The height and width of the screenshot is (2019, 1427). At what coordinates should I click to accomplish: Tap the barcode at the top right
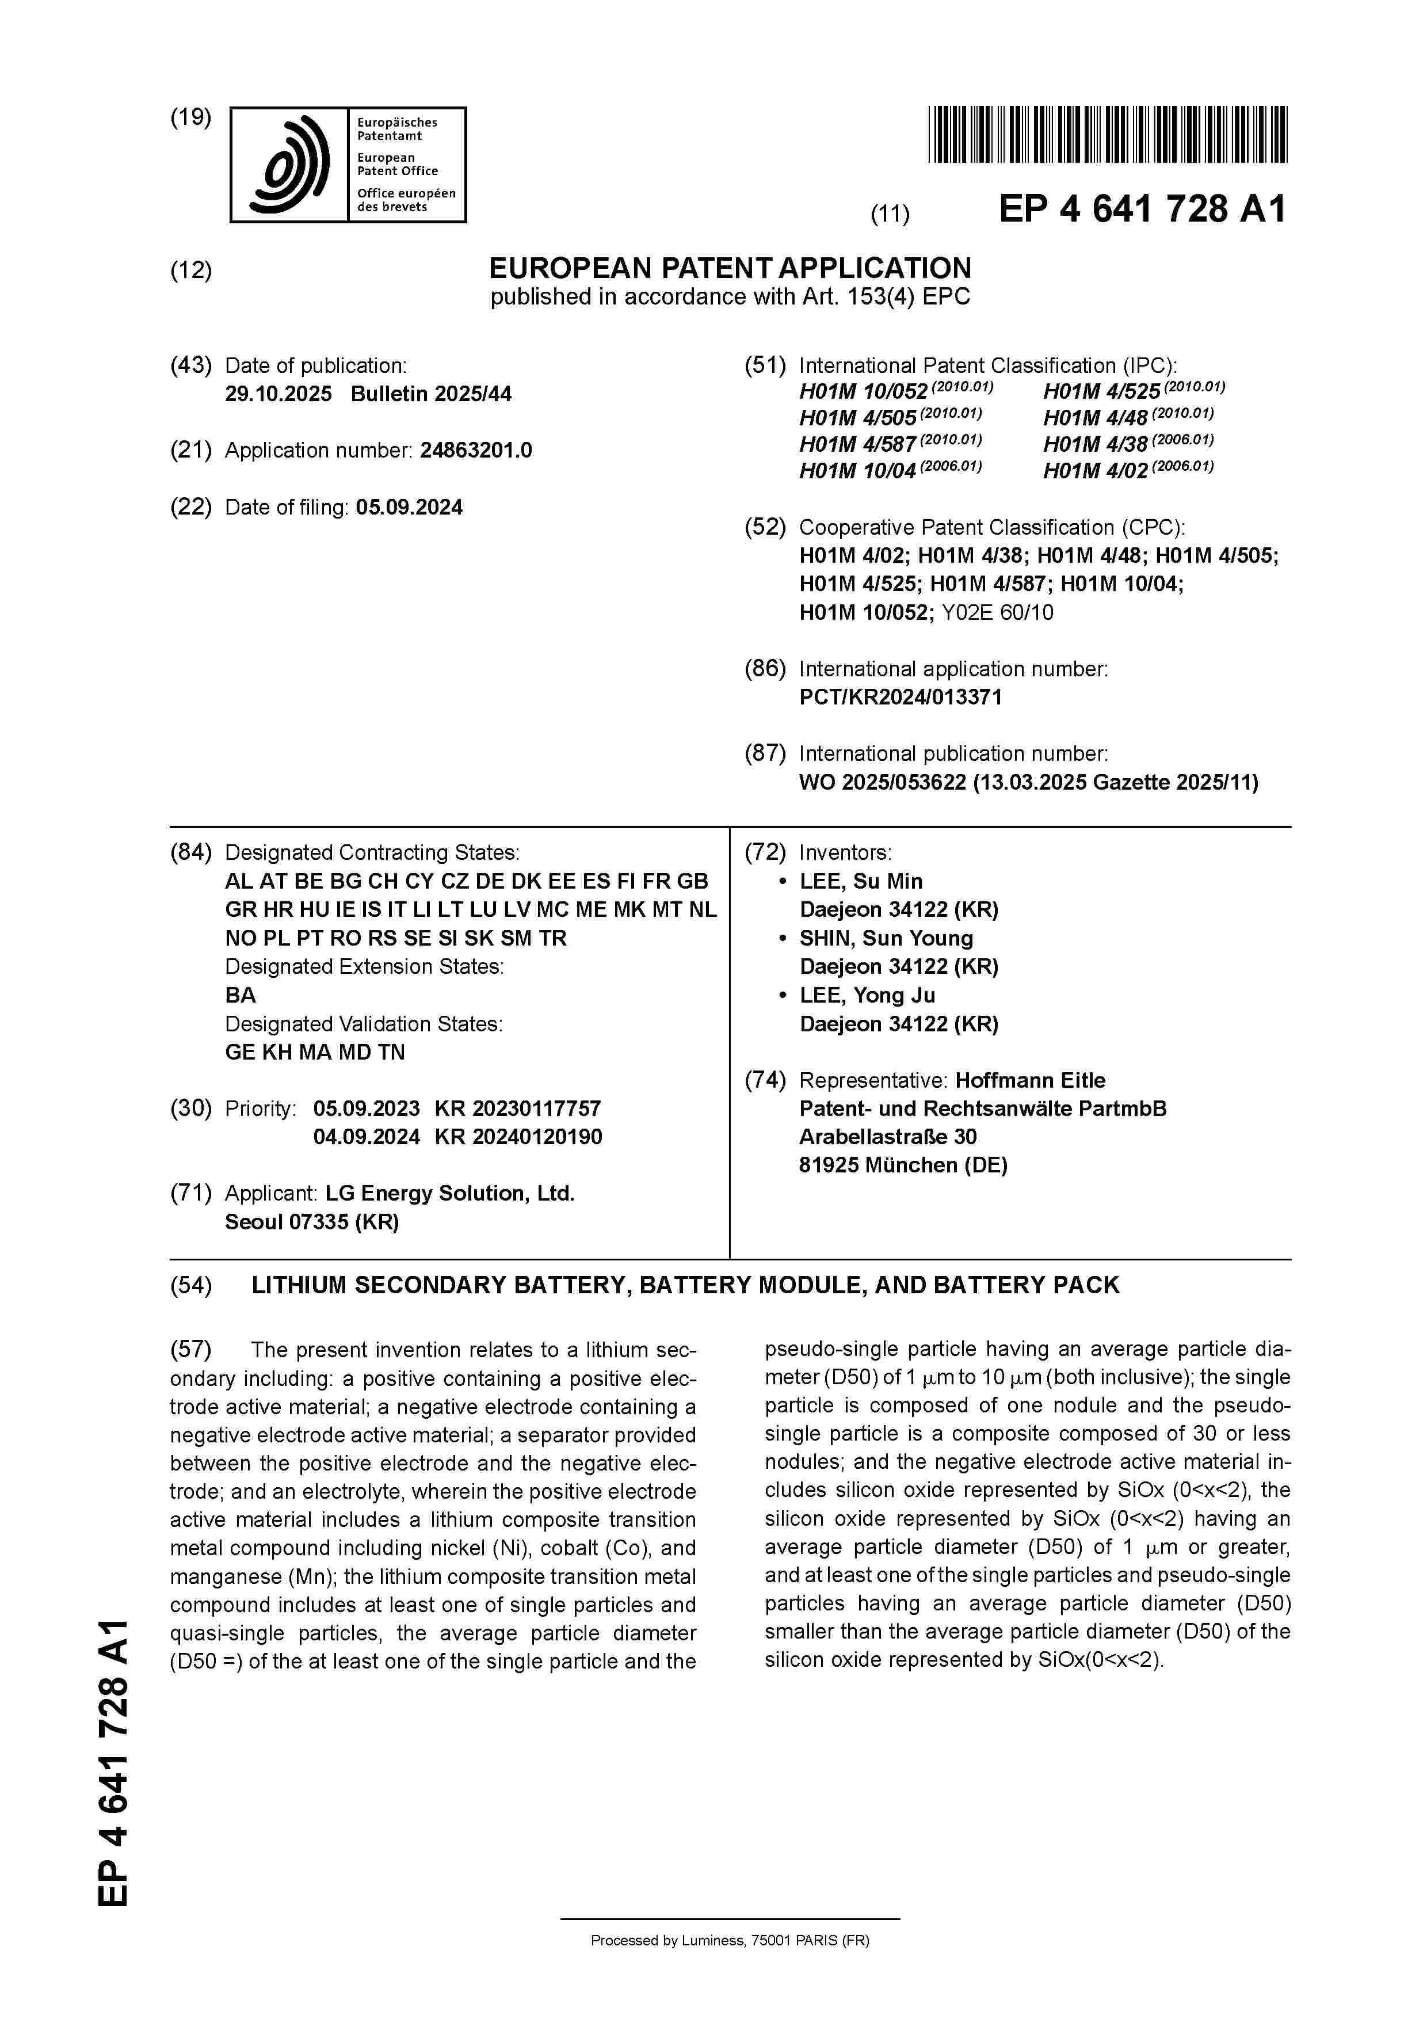coord(1107,135)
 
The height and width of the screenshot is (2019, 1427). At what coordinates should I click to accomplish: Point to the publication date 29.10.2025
coord(278,394)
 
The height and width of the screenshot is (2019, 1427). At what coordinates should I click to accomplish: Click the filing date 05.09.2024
coord(409,508)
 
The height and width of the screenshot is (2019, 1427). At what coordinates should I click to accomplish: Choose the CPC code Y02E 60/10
coord(997,613)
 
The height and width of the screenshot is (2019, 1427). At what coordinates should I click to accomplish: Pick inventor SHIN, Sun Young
coord(886,938)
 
